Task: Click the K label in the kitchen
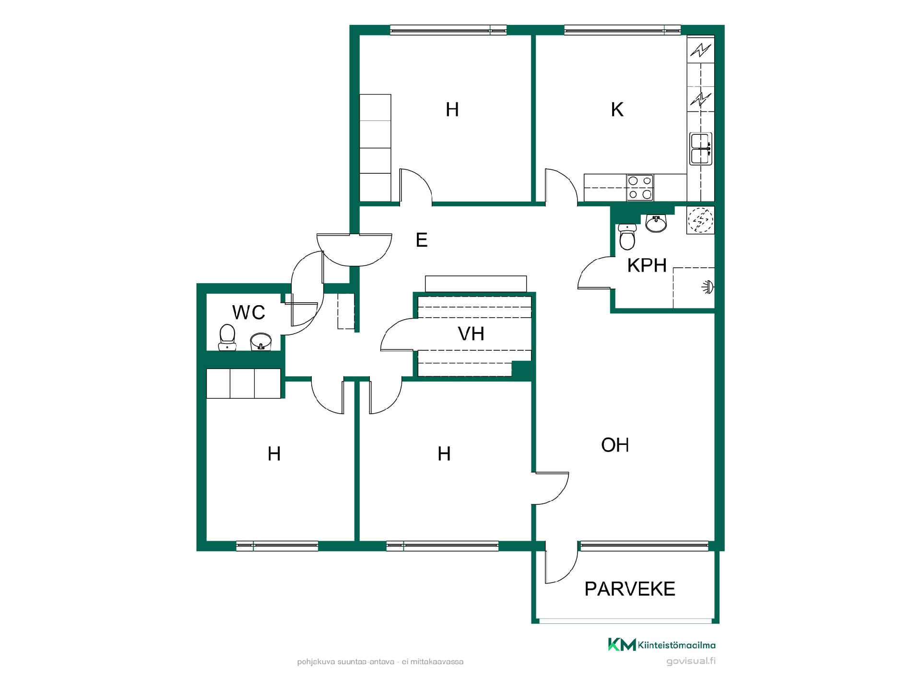pyautogui.click(x=617, y=110)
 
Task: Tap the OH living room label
pyautogui.click(x=615, y=445)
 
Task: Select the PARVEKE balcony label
pyautogui.click(x=630, y=589)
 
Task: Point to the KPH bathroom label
pyautogui.click(x=647, y=265)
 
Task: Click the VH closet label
pyautogui.click(x=471, y=334)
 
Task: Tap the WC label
pyautogui.click(x=248, y=312)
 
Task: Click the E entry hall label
pyautogui.click(x=422, y=240)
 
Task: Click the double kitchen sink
pyautogui.click(x=700, y=149)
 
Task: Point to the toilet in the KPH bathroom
pyautogui.click(x=627, y=237)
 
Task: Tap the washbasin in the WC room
pyautogui.click(x=261, y=342)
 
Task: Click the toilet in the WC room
pyautogui.click(x=227, y=337)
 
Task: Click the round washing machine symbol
pyautogui.click(x=700, y=220)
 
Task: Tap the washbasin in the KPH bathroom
pyautogui.click(x=656, y=223)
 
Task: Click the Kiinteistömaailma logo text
pyautogui.click(x=676, y=645)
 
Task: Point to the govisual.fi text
pyautogui.click(x=691, y=661)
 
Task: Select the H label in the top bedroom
pyautogui.click(x=452, y=110)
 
